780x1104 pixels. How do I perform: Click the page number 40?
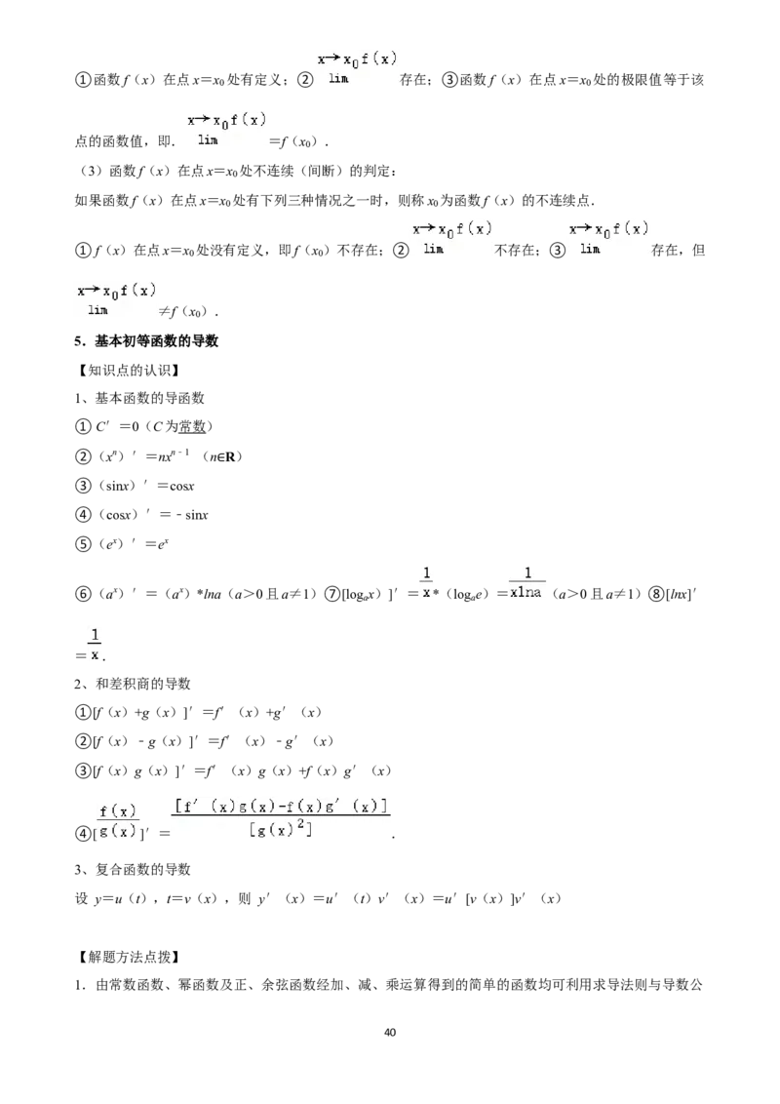click(390, 1032)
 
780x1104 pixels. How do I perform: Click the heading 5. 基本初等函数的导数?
click(146, 340)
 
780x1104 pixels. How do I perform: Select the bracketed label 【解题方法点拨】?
click(128, 956)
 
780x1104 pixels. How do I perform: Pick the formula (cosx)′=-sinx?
click(153, 515)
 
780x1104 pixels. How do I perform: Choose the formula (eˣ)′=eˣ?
click(133, 543)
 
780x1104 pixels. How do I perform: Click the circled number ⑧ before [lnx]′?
click(656, 594)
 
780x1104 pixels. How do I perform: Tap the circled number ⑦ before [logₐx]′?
click(331, 594)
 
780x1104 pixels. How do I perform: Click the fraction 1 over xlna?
click(526, 583)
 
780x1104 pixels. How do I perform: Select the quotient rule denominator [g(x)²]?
click(280, 829)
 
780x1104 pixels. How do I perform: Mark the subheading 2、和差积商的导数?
click(133, 684)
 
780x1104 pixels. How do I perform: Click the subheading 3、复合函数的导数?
click(133, 870)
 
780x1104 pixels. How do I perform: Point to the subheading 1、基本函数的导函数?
click(139, 399)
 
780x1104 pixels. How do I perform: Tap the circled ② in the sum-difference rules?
click(82, 741)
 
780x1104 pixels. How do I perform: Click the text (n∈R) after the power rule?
click(222, 457)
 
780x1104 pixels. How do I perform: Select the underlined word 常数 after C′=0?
click(191, 426)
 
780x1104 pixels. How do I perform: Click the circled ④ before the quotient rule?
click(82, 834)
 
